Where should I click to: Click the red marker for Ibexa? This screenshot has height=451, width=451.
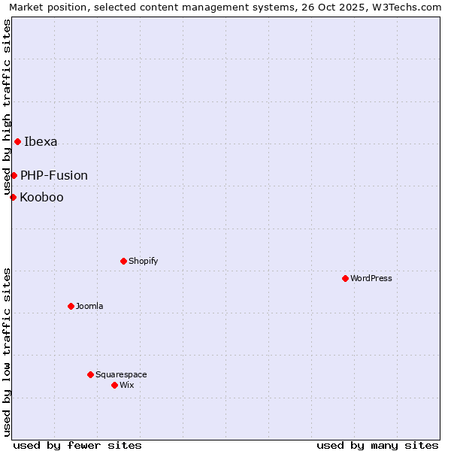(17, 141)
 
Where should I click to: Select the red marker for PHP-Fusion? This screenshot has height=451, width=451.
(14, 175)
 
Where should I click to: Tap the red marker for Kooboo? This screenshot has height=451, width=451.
(13, 197)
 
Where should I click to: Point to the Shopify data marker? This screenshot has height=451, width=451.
(123, 261)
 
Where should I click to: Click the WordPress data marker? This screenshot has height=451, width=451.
(345, 278)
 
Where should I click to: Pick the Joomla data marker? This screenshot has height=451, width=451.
(71, 306)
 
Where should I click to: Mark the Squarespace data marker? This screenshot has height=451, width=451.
(90, 374)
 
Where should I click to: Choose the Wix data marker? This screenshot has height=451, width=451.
(114, 385)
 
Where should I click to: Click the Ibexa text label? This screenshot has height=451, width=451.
(41, 141)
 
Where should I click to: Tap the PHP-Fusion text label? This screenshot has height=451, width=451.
(54, 175)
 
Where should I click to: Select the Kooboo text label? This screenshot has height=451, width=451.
(41, 197)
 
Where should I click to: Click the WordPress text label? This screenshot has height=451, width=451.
(371, 278)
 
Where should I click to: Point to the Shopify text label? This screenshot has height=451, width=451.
(143, 261)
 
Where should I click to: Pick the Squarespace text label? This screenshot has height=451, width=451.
(121, 374)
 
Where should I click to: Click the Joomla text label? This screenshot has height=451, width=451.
(89, 306)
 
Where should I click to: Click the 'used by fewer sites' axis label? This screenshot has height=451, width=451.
(77, 445)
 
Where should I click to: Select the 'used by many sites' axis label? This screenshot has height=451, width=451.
(377, 445)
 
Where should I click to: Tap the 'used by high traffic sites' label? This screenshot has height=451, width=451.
(8, 107)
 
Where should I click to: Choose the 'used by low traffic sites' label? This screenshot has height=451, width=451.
(8, 352)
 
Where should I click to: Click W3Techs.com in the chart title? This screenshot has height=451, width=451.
(406, 7)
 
